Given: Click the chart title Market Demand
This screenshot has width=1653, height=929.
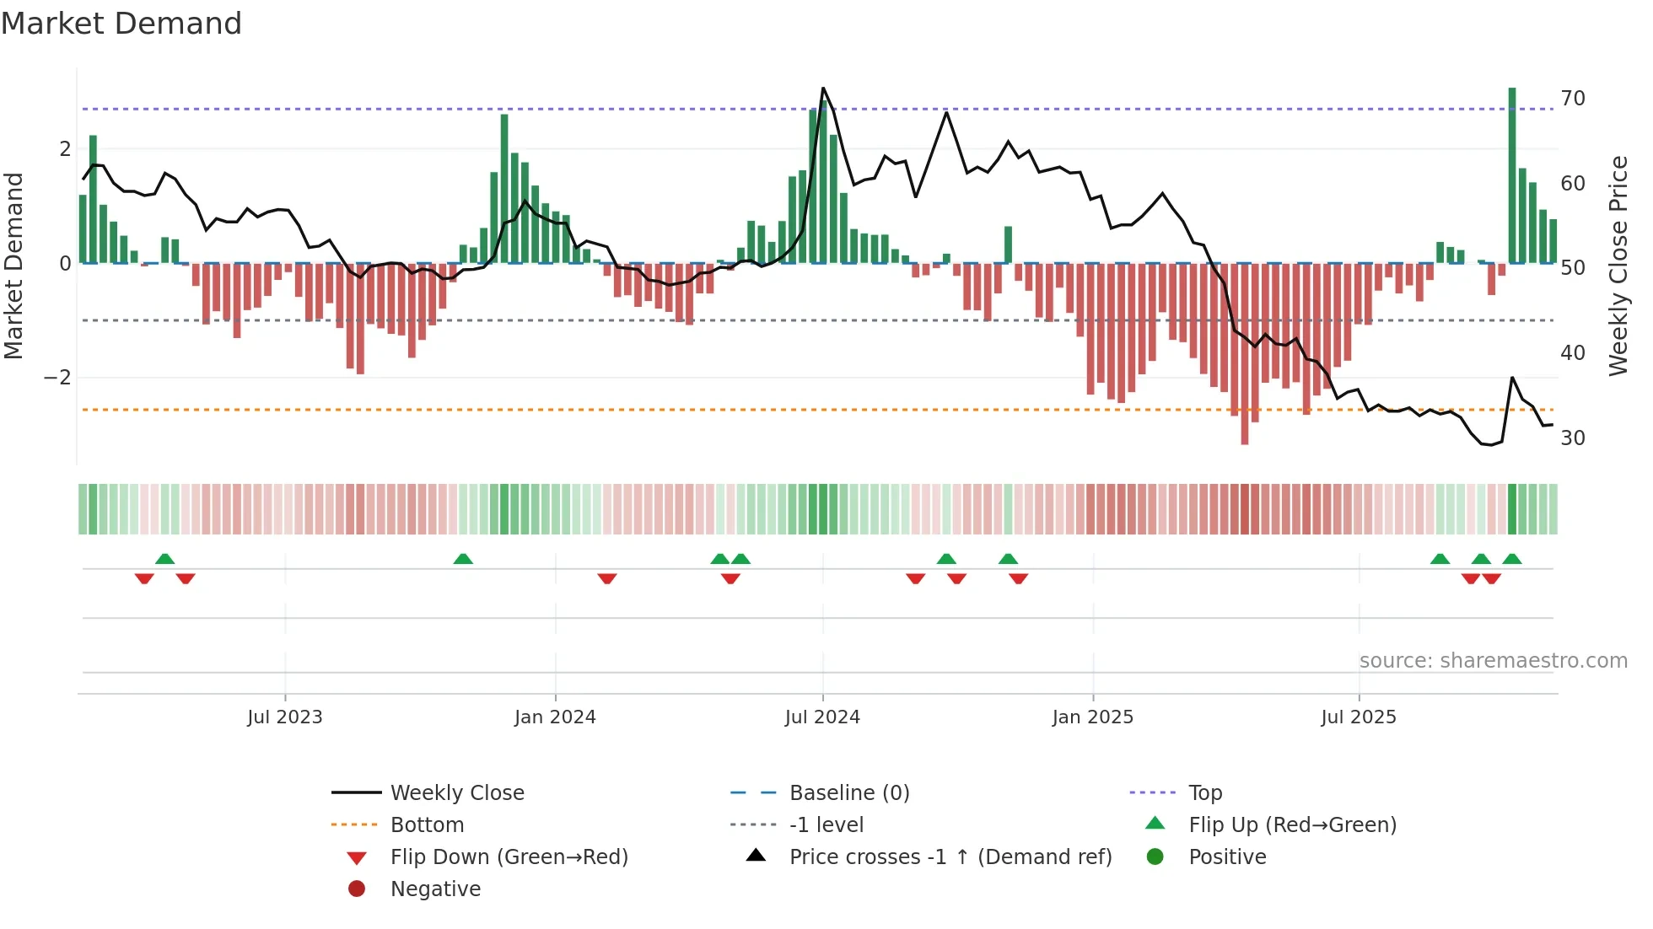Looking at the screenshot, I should pos(121,24).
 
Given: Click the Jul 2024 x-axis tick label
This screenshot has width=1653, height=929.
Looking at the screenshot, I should pos(822,717).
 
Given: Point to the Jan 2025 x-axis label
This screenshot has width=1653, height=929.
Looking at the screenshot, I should pos(1092,717).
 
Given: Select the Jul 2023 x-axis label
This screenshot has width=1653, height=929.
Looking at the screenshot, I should pos(285,717).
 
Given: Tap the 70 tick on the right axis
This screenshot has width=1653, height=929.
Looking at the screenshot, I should pos(1572,99).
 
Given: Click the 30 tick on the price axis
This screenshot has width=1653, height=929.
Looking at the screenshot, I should pos(1572,438).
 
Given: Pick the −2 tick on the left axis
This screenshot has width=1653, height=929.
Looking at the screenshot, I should pos(57,378).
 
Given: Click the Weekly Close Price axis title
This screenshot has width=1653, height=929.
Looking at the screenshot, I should pos(1618,266).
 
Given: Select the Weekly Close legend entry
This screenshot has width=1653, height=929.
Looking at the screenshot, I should pos(456,793).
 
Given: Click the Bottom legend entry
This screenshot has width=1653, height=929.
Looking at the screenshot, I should pos(427,825).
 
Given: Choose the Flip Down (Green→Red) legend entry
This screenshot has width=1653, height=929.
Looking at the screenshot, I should pos(509,857).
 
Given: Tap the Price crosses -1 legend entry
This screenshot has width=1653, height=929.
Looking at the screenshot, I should pos(950,857).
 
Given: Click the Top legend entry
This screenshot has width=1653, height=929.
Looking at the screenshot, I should pos(1205,793).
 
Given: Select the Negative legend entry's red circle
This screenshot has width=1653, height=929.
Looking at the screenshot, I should pos(357,889).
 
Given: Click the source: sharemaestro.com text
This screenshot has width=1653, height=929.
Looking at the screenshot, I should pos(1493,661).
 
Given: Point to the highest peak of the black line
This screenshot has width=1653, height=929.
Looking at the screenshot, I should pos(823,89).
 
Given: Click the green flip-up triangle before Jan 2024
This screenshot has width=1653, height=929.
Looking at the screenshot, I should pos(463,559).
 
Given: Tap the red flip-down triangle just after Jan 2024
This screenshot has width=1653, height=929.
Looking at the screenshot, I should pos(607,579).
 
